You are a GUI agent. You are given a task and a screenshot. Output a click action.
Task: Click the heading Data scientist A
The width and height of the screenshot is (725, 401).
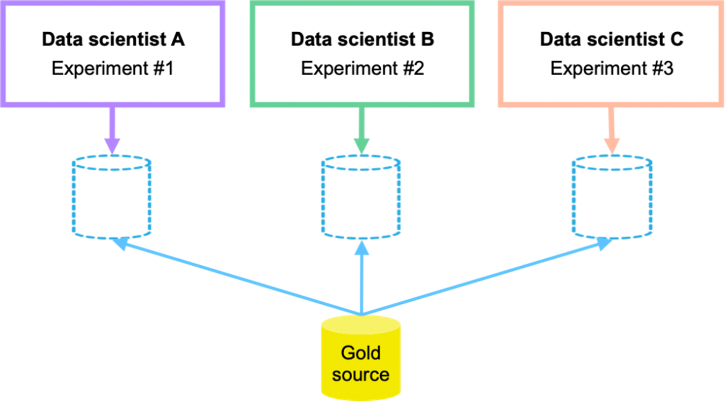coord(113,39)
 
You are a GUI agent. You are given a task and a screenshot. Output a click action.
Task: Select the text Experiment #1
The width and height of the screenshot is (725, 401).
coord(113,69)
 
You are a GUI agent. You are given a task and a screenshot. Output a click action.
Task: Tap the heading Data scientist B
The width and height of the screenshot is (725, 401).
coord(363,39)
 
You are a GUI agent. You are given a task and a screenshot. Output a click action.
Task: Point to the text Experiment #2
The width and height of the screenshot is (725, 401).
coord(363,69)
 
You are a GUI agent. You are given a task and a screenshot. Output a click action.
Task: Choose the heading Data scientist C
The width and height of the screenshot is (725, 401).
coord(612,39)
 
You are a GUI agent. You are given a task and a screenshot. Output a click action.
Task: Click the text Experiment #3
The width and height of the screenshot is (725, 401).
coord(612,69)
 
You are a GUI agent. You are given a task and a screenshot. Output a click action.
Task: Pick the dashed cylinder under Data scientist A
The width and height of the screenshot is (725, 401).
coord(112,197)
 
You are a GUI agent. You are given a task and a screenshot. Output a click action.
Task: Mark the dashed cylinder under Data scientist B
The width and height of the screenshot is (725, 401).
coord(361,197)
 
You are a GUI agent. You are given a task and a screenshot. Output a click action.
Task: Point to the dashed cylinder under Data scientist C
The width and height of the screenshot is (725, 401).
coord(611,197)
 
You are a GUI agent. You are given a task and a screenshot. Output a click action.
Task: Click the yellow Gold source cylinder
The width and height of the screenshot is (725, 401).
coord(361,357)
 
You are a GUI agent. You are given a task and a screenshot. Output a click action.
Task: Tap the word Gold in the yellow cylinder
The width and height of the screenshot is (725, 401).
coord(361,353)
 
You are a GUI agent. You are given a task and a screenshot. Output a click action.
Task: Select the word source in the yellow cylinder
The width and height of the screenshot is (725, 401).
coord(361,374)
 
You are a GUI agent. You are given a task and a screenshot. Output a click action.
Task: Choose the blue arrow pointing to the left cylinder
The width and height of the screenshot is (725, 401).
coord(236,277)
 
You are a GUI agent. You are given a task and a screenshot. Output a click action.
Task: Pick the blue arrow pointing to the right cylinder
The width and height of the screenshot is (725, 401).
coord(486,277)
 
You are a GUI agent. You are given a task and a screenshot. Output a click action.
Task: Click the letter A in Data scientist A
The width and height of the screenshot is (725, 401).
coord(178,39)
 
